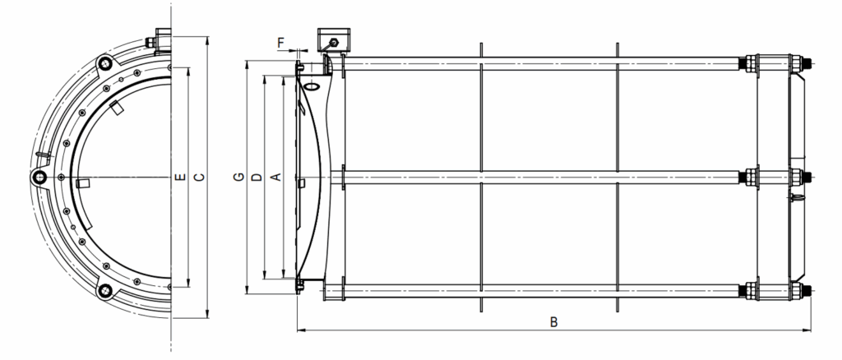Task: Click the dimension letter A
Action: [275, 177]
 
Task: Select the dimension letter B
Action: [553, 322]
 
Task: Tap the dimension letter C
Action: [199, 177]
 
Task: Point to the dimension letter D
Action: [257, 177]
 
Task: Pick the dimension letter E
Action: [181, 177]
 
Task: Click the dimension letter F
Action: [281, 42]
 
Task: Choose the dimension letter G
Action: [239, 177]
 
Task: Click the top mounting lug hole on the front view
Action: [104, 64]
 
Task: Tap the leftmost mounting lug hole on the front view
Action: [39, 177]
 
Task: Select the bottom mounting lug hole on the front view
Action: [104, 291]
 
